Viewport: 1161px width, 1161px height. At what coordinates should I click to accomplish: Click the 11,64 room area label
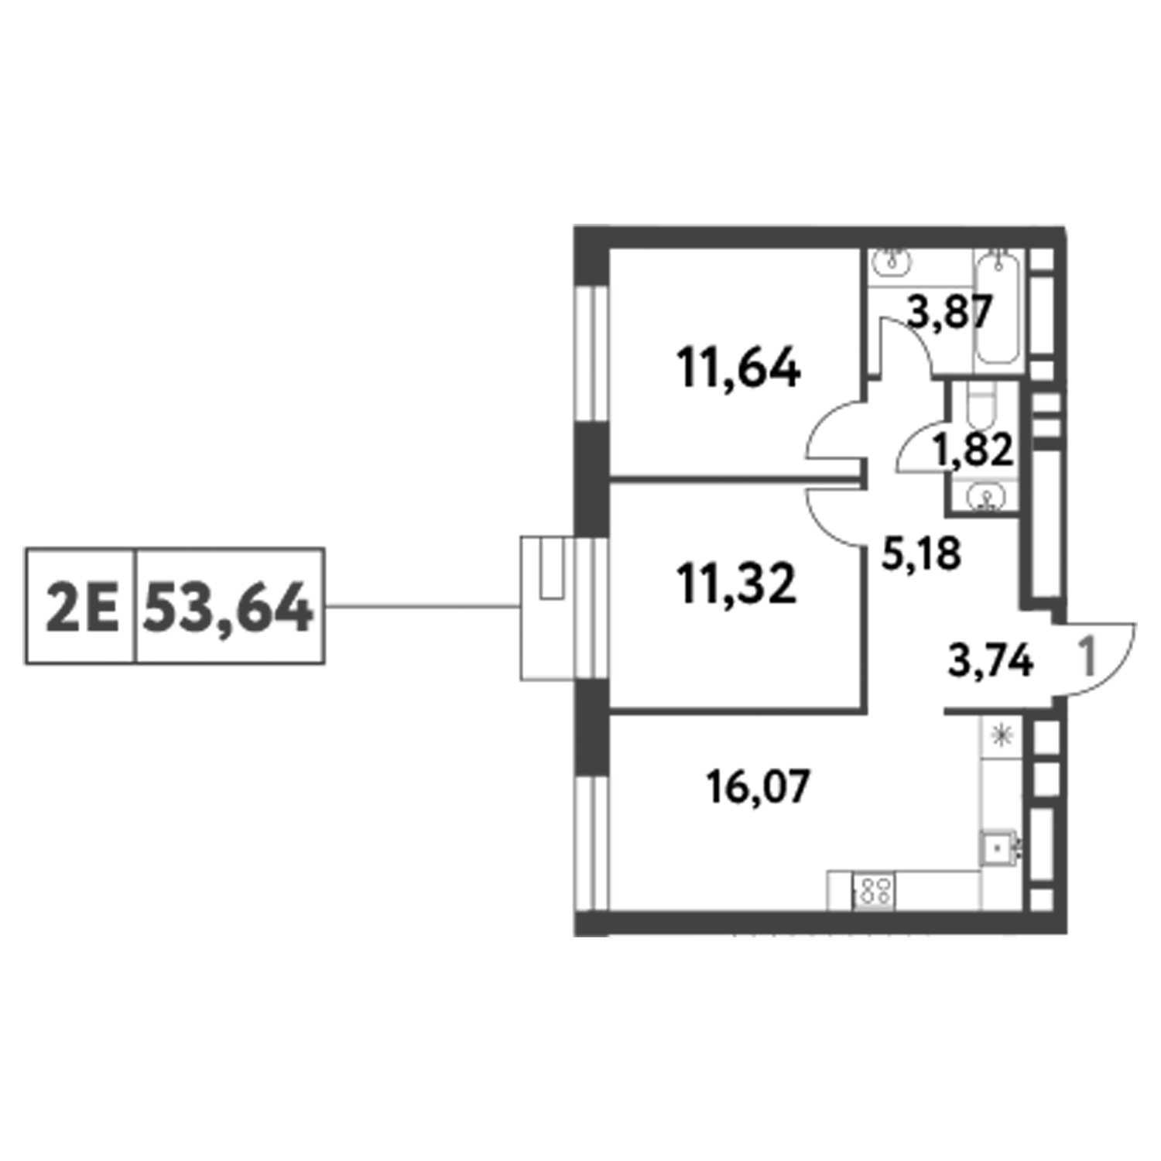pos(738,368)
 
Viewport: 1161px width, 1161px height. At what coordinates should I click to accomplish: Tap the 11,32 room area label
pos(735,584)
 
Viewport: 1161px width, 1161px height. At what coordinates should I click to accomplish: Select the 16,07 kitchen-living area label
pos(759,788)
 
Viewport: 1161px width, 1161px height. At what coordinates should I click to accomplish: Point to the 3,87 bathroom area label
pos(950,313)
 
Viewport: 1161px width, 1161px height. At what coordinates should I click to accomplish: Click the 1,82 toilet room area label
pos(973,450)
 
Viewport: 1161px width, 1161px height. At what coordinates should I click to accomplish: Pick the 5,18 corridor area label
pos(922,553)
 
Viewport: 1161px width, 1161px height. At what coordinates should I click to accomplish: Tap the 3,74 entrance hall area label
pos(991,663)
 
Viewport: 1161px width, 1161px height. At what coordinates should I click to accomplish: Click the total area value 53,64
pos(229,608)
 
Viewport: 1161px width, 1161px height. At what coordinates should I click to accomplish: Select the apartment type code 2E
pos(81,608)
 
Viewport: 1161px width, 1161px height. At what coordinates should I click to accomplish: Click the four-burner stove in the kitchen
pos(874,889)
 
